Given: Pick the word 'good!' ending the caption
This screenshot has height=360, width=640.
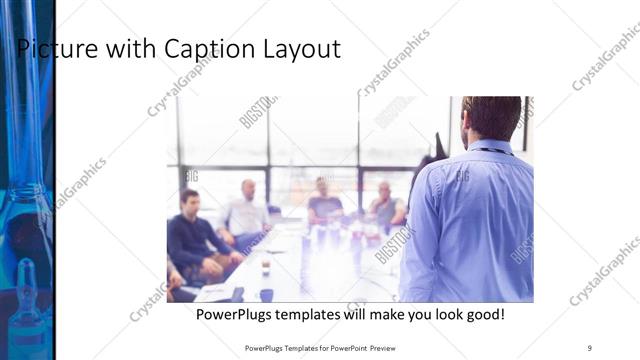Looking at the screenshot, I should [x=480, y=314].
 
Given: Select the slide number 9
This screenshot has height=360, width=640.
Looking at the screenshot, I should [x=589, y=347].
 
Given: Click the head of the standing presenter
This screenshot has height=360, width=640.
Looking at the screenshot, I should [x=491, y=118].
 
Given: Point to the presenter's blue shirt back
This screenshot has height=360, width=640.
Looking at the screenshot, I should [x=480, y=220].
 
